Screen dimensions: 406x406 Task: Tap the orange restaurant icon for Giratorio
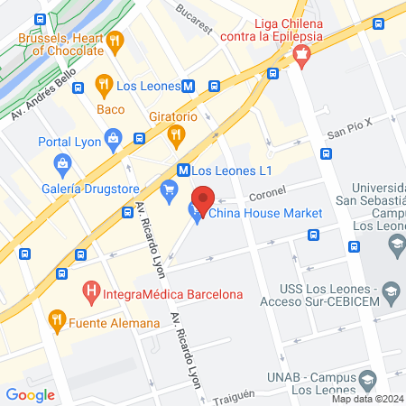175,136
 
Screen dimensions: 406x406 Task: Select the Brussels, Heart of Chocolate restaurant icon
114,41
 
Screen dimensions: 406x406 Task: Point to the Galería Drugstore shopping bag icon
62,163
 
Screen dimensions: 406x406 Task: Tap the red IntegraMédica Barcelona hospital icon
90,292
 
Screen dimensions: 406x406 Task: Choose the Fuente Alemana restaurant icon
57,318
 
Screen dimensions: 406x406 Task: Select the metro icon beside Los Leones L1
183,169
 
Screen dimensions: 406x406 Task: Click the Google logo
30,394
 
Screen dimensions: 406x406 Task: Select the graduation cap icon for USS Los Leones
391,291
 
